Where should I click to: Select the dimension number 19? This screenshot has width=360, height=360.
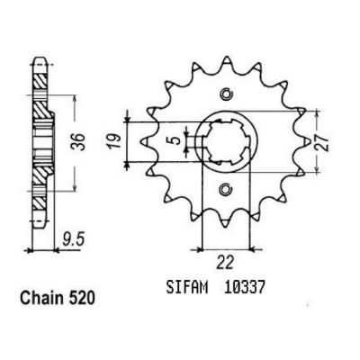click(116, 141)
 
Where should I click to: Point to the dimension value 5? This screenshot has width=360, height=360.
click(176, 140)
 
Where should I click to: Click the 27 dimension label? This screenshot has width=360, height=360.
click(322, 141)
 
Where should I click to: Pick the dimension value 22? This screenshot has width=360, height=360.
click(226, 263)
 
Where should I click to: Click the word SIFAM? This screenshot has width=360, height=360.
click(187, 288)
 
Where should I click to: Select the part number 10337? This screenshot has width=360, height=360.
click(244, 288)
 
